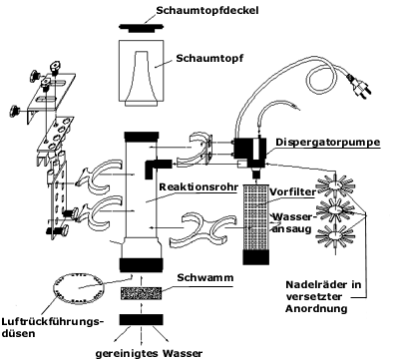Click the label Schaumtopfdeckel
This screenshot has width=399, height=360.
pos(207,10)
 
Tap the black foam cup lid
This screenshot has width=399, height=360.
pos(141,28)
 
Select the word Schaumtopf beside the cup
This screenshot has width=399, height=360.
pos(209,58)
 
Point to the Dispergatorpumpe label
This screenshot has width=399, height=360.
pos(328,143)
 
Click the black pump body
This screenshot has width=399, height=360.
pos(250,153)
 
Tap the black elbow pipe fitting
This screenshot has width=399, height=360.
pos(158,168)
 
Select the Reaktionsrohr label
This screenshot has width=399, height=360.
pos(199,187)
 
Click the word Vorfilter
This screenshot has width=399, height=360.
pos(292,191)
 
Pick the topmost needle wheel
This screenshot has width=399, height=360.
pos(335,183)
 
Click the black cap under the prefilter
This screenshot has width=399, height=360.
pos(255,257)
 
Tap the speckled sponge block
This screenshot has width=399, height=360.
pos(141,294)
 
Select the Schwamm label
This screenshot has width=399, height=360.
pos(205,277)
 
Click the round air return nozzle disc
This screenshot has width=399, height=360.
pos(80,288)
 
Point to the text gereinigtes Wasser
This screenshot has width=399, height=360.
pos(149,353)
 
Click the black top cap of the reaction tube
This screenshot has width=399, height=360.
pos(142,137)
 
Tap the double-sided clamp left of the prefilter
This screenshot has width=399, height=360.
pos(203,229)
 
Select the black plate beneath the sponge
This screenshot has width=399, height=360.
pos(142,319)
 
